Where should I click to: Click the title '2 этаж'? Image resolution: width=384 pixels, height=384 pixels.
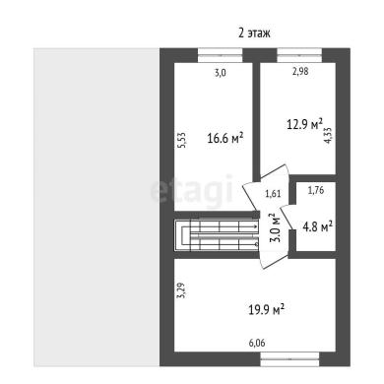(x=254, y=33)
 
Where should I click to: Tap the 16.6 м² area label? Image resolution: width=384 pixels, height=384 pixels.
(x=225, y=138)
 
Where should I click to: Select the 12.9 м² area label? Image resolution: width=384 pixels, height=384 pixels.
(x=305, y=124)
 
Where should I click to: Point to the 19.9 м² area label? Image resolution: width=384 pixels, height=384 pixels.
(x=266, y=309)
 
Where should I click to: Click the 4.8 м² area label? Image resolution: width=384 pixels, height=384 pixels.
(x=317, y=226)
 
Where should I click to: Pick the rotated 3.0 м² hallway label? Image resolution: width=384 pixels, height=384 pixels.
(x=275, y=227)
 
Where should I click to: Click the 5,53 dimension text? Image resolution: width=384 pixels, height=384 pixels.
(x=182, y=140)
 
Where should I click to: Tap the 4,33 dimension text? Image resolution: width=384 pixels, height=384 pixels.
(x=329, y=135)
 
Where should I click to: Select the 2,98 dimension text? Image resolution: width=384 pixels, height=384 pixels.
(x=300, y=71)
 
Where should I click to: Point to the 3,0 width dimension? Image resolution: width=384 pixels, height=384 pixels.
(x=221, y=73)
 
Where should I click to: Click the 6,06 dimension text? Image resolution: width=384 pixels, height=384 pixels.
(x=257, y=343)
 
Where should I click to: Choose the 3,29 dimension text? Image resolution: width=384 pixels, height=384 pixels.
(x=181, y=290)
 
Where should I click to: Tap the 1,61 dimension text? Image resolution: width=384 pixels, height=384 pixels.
(x=273, y=193)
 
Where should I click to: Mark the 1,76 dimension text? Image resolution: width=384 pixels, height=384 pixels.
(x=316, y=190)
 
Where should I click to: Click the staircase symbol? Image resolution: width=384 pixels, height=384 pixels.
(x=217, y=235)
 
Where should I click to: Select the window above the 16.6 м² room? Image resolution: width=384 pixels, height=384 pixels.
(x=220, y=55)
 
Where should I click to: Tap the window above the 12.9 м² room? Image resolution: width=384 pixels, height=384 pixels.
(x=299, y=55)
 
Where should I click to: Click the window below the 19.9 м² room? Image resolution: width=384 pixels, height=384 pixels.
(x=289, y=359)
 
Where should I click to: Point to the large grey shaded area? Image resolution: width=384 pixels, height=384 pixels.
(x=96, y=208)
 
